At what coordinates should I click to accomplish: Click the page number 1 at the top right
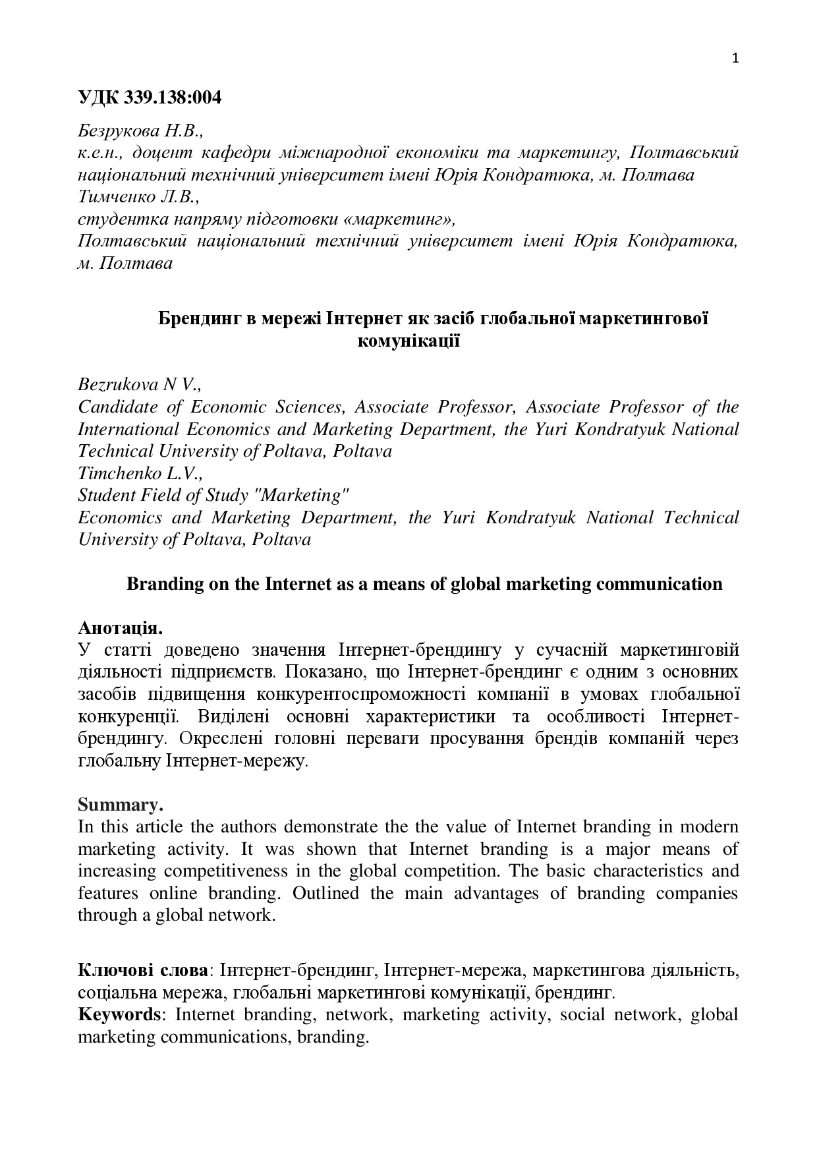click(735, 59)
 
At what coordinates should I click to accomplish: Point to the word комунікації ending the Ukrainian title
click(408, 341)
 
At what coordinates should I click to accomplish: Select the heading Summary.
click(120, 805)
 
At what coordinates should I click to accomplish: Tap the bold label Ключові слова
click(142, 970)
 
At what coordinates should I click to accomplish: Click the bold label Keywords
click(119, 1014)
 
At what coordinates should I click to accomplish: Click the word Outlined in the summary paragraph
click(326, 893)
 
